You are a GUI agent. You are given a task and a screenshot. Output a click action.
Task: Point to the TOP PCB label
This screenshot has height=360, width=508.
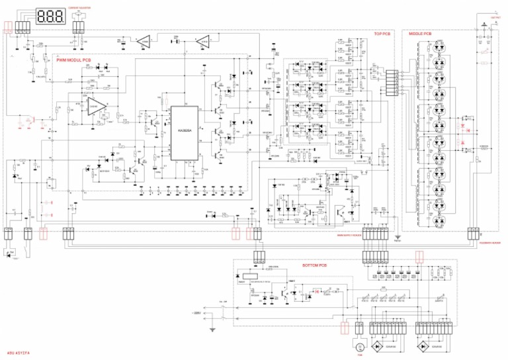tap(382, 34)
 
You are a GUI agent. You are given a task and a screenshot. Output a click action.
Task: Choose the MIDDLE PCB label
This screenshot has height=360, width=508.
tap(421, 33)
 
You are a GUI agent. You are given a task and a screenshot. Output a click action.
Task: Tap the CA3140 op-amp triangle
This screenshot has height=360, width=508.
tap(93, 107)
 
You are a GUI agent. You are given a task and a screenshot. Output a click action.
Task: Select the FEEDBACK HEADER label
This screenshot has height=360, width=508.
tap(488, 243)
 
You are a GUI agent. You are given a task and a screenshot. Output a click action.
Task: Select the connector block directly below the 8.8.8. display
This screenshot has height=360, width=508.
tap(24, 27)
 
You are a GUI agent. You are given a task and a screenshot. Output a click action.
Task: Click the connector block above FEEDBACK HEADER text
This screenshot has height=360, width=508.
tap(474, 233)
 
